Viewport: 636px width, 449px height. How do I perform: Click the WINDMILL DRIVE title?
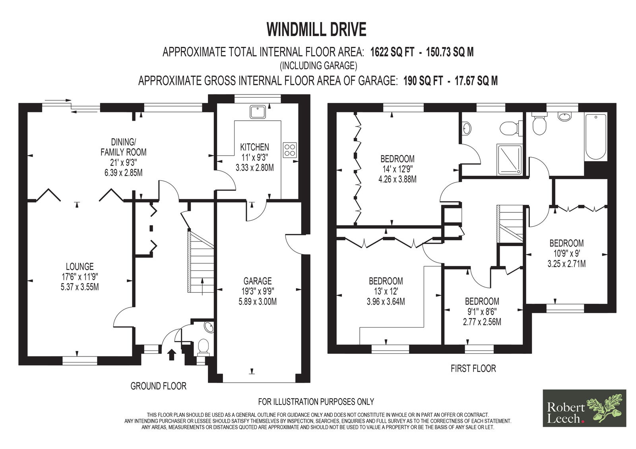pos(316,29)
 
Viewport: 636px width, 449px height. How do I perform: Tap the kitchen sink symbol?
pos(258,112)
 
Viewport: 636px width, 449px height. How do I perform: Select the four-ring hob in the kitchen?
pos(290,150)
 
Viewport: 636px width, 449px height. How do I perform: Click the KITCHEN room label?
pos(254,147)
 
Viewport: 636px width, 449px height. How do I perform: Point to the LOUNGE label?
pos(80,266)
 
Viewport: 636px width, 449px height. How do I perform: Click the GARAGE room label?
pos(258,281)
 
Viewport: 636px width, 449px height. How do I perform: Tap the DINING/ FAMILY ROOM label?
pos(124,147)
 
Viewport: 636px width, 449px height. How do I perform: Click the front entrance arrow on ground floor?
pos(171,355)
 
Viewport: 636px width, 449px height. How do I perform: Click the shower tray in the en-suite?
pos(509,160)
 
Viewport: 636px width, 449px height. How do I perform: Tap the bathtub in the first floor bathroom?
pos(596,137)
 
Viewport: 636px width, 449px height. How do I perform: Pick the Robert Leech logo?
pos(584,408)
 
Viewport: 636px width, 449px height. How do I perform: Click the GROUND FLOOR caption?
pos(159,386)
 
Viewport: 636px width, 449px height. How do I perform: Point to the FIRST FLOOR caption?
pos(473,368)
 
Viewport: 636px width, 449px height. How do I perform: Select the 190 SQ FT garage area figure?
pos(423,81)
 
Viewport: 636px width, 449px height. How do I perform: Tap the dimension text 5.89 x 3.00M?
pos(258,301)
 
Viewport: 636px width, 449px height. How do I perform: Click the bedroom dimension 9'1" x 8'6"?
pos(482,311)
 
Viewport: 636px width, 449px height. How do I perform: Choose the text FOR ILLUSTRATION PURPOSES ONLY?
pos(316,402)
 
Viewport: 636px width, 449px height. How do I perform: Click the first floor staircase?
pos(510,224)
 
